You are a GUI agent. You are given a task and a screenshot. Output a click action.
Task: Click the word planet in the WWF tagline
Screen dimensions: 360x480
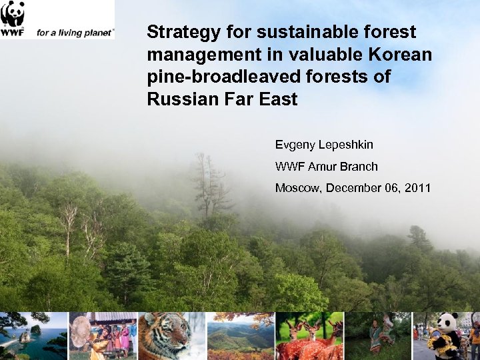(99, 32)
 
